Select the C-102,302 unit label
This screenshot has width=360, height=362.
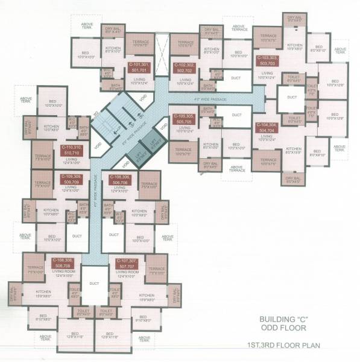[184, 67]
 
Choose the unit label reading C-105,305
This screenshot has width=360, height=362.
[183, 118]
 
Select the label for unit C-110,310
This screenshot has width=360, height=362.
[71, 150]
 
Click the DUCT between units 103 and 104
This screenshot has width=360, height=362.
[292, 97]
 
